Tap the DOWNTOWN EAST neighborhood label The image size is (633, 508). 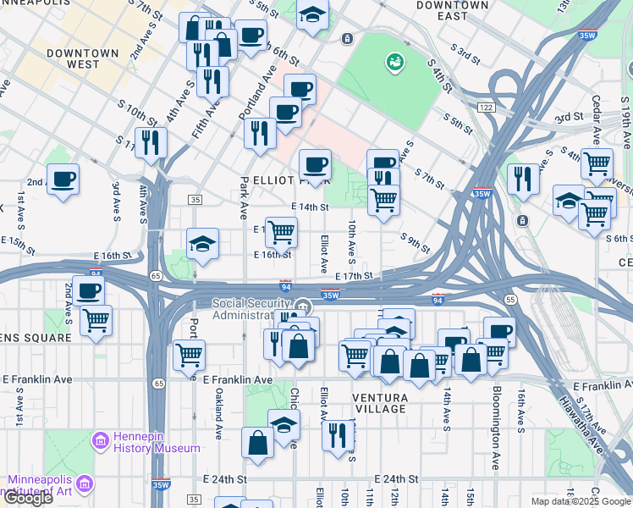[x=453, y=11]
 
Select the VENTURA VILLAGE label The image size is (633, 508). [x=382, y=403]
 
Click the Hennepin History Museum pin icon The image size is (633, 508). [x=102, y=439]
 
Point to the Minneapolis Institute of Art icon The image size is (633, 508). [x=84, y=483]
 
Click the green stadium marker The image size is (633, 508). [x=394, y=61]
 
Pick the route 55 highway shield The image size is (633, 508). [x=509, y=300]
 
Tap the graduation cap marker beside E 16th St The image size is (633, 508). [x=203, y=244]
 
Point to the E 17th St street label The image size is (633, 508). [x=354, y=276]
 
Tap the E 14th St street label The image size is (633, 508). [x=309, y=207]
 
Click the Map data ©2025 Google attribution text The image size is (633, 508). [x=580, y=501]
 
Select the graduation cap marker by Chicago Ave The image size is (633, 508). [x=284, y=424]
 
